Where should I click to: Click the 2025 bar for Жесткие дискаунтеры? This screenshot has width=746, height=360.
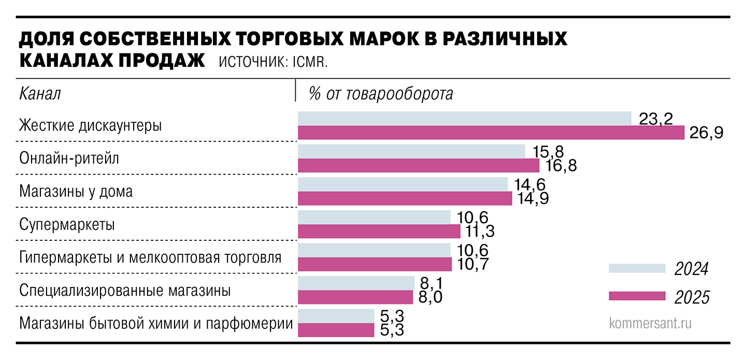[491, 133]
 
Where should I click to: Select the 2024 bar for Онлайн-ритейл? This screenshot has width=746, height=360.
[411, 151]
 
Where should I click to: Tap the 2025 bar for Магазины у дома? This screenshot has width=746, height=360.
[405, 198]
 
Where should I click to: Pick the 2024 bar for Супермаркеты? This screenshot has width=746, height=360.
[374, 217]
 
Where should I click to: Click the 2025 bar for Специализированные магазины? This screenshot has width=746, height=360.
[355, 297]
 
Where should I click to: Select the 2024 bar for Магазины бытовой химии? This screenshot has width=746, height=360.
[336, 316]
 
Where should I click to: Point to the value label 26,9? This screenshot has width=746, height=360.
[706, 133]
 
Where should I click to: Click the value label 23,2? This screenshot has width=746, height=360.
[655, 119]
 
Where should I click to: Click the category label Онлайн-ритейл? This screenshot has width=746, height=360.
[69, 158]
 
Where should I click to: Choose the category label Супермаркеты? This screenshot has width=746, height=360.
[67, 225]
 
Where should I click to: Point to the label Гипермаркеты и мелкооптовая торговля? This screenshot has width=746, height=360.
[150, 257]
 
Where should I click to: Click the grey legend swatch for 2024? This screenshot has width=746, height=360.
[637, 268]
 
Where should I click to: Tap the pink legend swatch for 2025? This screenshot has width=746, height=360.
[637, 296]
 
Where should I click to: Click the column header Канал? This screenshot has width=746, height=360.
[40, 94]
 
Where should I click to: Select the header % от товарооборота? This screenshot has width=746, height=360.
[381, 94]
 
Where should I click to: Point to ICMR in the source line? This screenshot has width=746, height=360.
[310, 62]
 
